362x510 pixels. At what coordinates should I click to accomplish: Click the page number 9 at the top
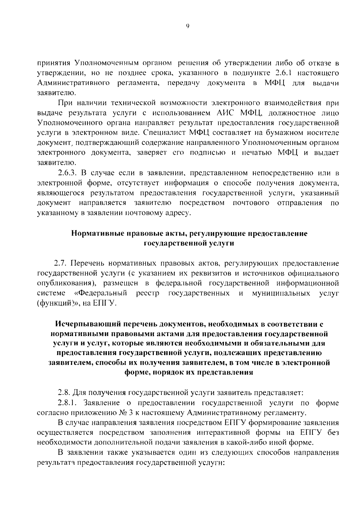tap(187, 26)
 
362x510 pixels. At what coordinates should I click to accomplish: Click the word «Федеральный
tap(101, 293)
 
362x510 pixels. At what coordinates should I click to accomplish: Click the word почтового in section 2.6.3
tap(251, 202)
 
